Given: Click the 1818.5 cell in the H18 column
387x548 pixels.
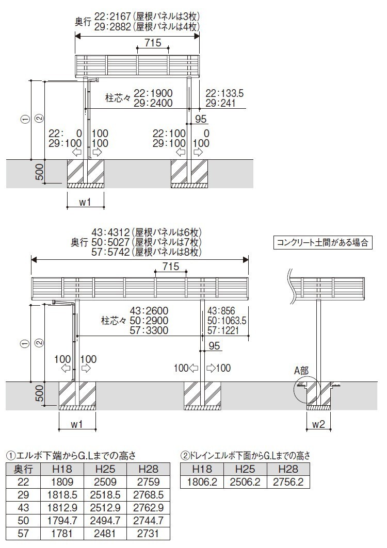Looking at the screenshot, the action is pyautogui.click(x=62, y=495).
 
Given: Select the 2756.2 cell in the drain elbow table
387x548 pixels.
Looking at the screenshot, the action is pyautogui.click(x=288, y=482).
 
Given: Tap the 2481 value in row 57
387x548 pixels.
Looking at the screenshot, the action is pyautogui.click(x=105, y=534).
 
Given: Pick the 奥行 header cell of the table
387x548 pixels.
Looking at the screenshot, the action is pyautogui.click(x=23, y=469).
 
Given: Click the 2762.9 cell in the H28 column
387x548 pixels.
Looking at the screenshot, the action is pyautogui.click(x=149, y=508).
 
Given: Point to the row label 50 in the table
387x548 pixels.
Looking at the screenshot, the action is pyautogui.click(x=23, y=520).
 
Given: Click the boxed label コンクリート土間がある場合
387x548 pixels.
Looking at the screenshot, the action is pyautogui.click(x=322, y=242).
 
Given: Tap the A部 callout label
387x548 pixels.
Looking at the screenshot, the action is pyautogui.click(x=301, y=371).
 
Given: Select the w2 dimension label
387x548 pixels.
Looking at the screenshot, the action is pyautogui.click(x=318, y=424).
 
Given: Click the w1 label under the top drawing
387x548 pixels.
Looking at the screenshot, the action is pyautogui.click(x=85, y=202).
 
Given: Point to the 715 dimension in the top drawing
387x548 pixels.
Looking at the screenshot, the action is pyautogui.click(x=153, y=43).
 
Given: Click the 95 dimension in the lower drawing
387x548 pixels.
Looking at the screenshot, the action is pyautogui.click(x=214, y=346).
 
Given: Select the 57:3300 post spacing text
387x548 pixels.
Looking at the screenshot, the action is pyautogui.click(x=149, y=330).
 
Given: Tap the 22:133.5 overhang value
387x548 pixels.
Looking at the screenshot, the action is pyautogui.click(x=224, y=93).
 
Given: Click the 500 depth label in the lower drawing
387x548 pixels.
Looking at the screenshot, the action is pyautogui.click(x=40, y=393).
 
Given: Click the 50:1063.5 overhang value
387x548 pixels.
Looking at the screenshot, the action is pyautogui.click(x=227, y=321).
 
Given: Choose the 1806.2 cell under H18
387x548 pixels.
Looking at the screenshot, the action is pyautogui.click(x=202, y=482).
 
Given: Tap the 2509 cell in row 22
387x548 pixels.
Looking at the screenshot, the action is pyautogui.click(x=105, y=482).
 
